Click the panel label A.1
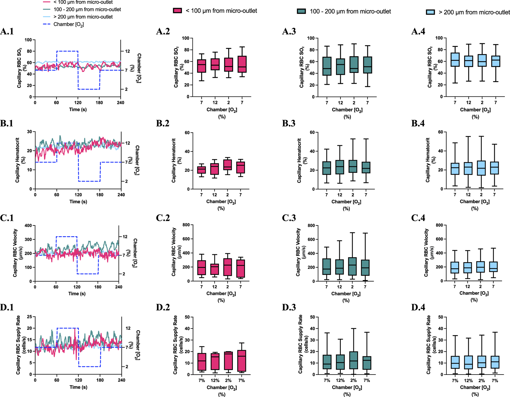click(x=7, y=31)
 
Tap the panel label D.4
click(x=418, y=307)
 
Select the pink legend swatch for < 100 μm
click(x=177, y=11)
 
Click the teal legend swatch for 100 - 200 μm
click(x=301, y=11)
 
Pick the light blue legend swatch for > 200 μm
click(x=430, y=12)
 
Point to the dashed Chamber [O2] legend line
click(x=47, y=24)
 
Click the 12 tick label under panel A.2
click(x=215, y=102)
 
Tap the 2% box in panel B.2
click(x=227, y=165)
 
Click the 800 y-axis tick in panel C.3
click(x=312, y=225)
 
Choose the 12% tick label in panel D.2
click(x=215, y=380)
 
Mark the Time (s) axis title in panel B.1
click(x=78, y=202)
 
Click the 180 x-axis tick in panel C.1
click(x=98, y=287)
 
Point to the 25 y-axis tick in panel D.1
click(x=29, y=317)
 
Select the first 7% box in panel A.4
click(x=455, y=60)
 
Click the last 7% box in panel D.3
click(x=367, y=363)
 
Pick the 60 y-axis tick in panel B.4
click(x=440, y=132)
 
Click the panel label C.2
click(x=163, y=218)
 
